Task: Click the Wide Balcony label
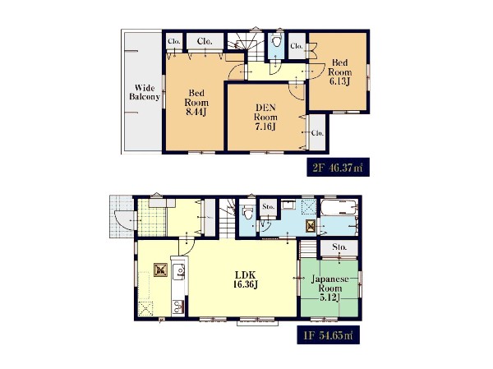click(145, 92)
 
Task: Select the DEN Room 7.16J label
click(265, 117)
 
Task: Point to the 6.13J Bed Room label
click(339, 72)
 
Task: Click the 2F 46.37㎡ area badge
click(338, 168)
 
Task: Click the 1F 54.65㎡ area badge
click(328, 335)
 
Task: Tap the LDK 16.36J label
click(246, 279)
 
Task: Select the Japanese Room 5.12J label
click(329, 288)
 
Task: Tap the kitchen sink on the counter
click(179, 271)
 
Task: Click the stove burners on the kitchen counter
click(178, 307)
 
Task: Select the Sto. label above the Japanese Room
click(339, 247)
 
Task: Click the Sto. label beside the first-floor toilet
click(268, 206)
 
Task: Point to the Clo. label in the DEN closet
click(317, 133)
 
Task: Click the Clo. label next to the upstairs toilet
click(297, 46)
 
